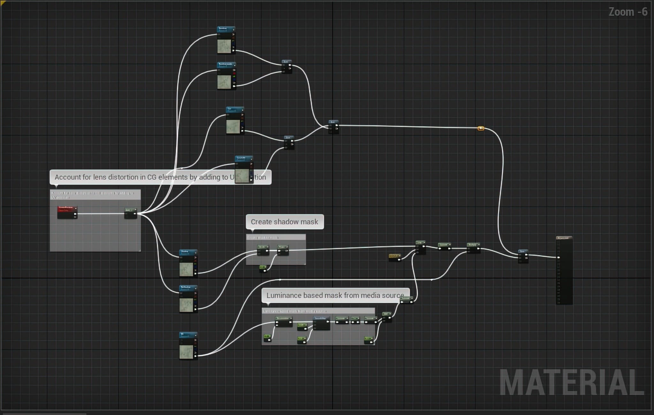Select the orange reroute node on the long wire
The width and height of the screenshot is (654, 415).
pos(481,128)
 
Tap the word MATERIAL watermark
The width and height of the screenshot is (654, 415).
pos(571,382)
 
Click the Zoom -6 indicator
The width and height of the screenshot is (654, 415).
pos(627,12)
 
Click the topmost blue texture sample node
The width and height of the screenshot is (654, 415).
pos(226,40)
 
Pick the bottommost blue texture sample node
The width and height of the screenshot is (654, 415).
pos(188,346)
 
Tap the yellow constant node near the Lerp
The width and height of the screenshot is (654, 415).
pos(395,257)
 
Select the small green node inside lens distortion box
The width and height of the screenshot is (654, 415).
pos(130,213)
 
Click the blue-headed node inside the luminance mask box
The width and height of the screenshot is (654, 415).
pos(321,323)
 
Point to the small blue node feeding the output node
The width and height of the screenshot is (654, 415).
pos(523,256)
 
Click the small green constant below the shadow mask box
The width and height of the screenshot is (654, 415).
pos(263,269)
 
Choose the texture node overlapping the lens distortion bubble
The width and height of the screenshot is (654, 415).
pos(244,170)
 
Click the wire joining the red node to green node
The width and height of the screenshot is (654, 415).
pos(101,214)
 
